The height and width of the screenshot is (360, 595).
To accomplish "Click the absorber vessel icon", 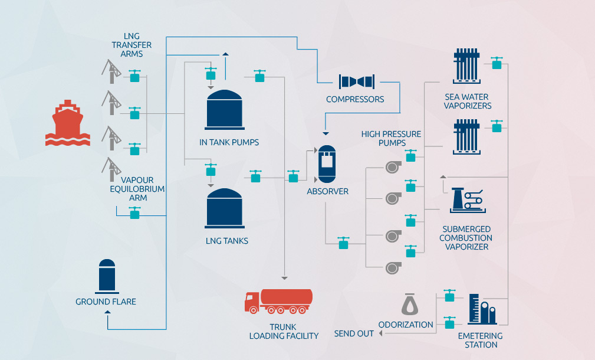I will (327, 163).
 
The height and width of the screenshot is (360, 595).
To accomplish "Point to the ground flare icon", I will (107, 276).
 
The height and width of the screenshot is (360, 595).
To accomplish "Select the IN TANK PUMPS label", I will (229, 142).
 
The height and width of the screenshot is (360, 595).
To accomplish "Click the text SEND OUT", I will (354, 333).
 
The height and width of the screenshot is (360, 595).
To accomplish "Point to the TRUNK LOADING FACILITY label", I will (284, 331).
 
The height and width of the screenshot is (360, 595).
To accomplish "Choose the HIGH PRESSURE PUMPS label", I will (391, 139).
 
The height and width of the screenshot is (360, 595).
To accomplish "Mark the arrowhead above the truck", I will (285, 277).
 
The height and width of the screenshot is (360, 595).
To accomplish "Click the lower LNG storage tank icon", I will (225, 208).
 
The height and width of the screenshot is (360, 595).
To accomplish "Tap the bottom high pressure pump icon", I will (393, 268).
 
